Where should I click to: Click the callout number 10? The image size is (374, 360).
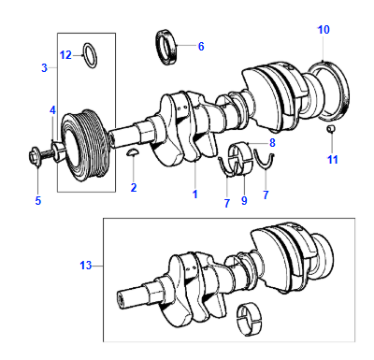click(324, 30)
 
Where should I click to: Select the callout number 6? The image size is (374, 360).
click(201, 47)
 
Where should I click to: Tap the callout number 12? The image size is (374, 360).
click(65, 55)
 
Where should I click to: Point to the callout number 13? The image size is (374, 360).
click(86, 266)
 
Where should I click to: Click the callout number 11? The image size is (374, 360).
click(333, 160)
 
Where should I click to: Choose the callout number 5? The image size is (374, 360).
click(38, 201)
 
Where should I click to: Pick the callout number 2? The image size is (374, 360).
click(134, 188)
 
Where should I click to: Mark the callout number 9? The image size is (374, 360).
click(244, 200)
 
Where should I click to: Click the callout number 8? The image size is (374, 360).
click(272, 143)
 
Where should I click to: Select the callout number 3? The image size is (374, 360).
click(44, 67)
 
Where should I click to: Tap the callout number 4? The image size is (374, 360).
click(52, 110)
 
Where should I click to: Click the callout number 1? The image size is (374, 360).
click(195, 194)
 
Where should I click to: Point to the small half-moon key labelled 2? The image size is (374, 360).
click(133, 151)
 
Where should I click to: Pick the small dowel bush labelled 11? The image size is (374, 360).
click(331, 128)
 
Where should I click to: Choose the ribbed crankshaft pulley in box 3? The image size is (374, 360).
click(84, 146)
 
